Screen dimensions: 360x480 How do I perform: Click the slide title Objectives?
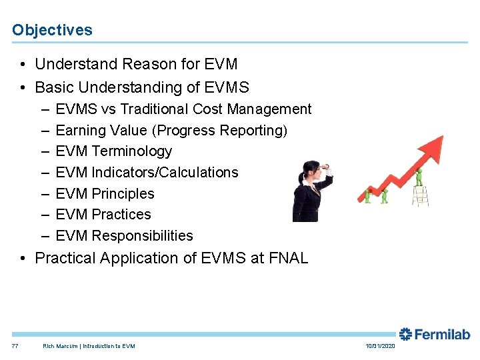click(x=52, y=30)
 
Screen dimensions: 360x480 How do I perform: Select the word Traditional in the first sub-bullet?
click(x=151, y=109)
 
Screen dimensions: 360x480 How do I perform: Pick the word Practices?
click(x=121, y=215)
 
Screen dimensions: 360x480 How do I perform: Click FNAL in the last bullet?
click(x=287, y=258)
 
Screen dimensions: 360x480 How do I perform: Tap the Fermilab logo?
click(x=434, y=335)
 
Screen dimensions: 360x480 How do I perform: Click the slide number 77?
click(x=15, y=346)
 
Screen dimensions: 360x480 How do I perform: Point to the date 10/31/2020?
click(x=381, y=346)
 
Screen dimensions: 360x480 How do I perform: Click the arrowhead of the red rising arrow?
click(x=434, y=144)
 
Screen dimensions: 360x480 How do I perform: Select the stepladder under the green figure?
click(x=419, y=196)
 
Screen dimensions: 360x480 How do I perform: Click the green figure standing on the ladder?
click(x=419, y=177)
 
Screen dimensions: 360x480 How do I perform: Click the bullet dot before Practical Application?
click(x=23, y=258)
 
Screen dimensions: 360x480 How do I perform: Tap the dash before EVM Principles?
click(x=44, y=194)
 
